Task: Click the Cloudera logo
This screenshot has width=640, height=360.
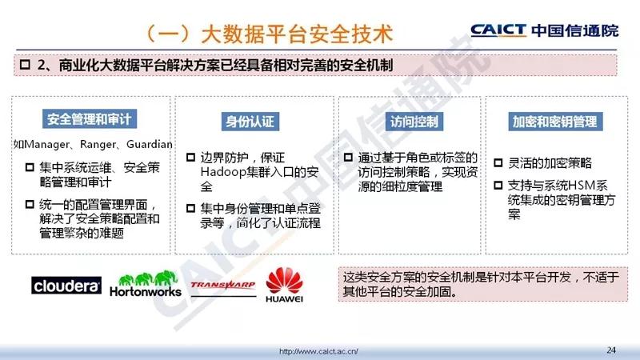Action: pyautogui.click(x=66, y=286)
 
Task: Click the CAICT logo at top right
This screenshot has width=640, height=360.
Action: pyautogui.click(x=545, y=30)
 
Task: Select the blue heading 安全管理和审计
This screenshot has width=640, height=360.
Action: pyautogui.click(x=90, y=119)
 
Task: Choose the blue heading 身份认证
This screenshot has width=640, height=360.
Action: pyautogui.click(x=250, y=122)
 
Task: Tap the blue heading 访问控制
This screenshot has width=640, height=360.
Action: pyautogui.click(x=414, y=122)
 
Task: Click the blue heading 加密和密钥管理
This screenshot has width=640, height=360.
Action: pyautogui.click(x=555, y=122)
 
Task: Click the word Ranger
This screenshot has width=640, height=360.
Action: pyautogui.click(x=98, y=145)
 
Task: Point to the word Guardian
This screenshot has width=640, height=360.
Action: pyautogui.click(x=150, y=144)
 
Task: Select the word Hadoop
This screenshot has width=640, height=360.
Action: pyautogui.click(x=224, y=172)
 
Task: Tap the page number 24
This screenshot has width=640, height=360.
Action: pyautogui.click(x=611, y=350)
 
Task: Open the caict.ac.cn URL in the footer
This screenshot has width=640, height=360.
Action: pyautogui.click(x=318, y=351)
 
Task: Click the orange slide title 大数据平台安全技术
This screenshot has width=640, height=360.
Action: pyautogui.click(x=297, y=34)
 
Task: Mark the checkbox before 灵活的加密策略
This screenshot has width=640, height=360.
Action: pyautogui.click(x=498, y=163)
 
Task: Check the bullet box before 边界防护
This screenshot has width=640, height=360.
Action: pyautogui.click(x=190, y=157)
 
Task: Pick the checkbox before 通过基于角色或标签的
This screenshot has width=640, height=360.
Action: pyautogui.click(x=348, y=157)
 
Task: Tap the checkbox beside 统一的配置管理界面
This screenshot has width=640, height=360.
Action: pyautogui.click(x=30, y=204)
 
